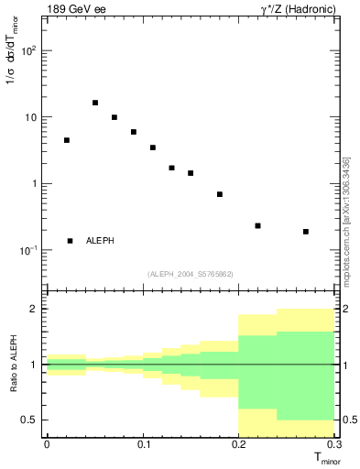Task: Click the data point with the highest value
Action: (x=95, y=103)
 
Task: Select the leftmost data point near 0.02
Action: (x=66, y=140)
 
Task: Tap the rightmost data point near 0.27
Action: (x=306, y=232)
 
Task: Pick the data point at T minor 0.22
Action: (x=257, y=225)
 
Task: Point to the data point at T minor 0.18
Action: (x=220, y=194)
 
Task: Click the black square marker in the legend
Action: (x=70, y=241)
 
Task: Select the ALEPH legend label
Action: (x=100, y=241)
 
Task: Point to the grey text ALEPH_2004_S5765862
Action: (x=190, y=274)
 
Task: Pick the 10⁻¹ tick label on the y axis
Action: (x=28, y=250)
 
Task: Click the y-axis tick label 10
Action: (x=30, y=117)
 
